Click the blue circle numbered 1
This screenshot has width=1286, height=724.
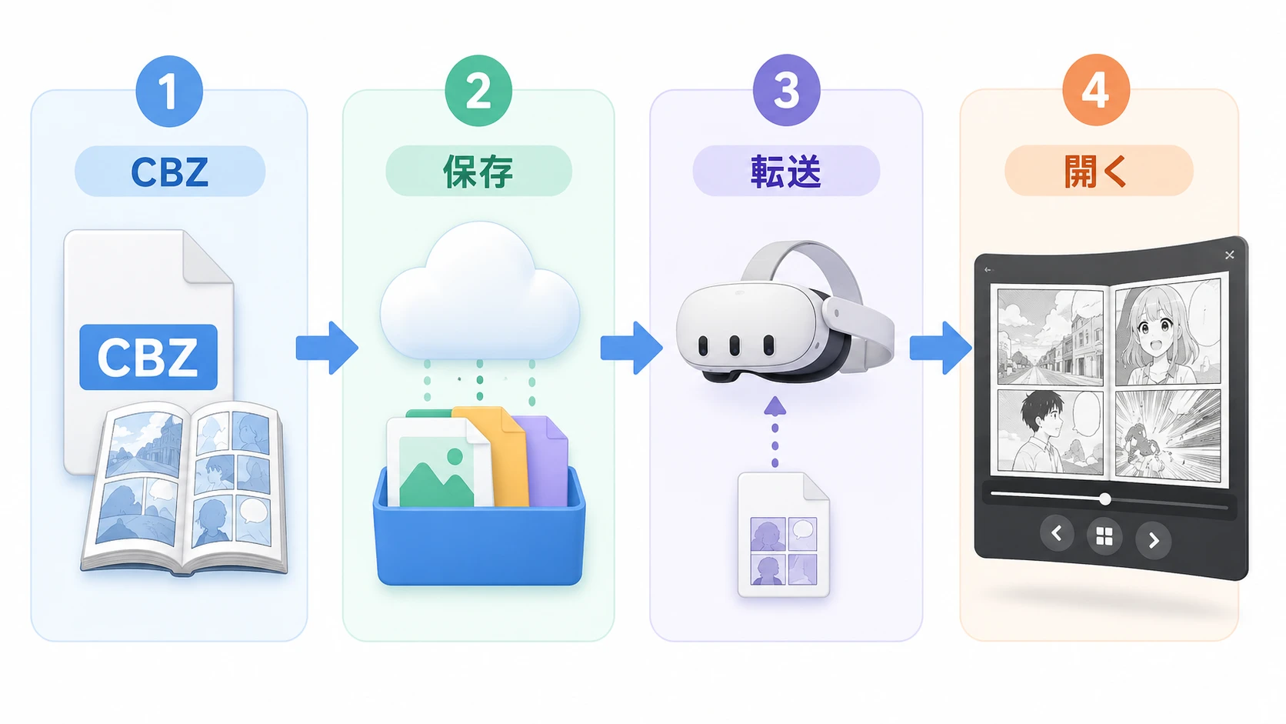168,92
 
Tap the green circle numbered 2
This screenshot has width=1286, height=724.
478,91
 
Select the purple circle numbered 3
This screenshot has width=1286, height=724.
786,90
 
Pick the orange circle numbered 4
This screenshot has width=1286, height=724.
1096,90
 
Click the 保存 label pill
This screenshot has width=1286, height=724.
478,171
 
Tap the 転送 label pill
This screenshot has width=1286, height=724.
786,171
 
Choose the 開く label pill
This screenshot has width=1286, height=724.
1099,171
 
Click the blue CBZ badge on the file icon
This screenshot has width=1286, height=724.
148,357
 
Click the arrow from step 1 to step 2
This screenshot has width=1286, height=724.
327,348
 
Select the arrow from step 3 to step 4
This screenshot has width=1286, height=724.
941,348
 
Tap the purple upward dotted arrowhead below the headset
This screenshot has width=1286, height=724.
775,406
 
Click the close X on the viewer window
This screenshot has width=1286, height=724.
1229,255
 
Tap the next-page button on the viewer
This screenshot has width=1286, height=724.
1154,540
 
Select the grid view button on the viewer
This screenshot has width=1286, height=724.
1104,537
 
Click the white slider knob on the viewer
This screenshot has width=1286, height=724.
1105,499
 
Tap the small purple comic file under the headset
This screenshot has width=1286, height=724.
784,535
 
